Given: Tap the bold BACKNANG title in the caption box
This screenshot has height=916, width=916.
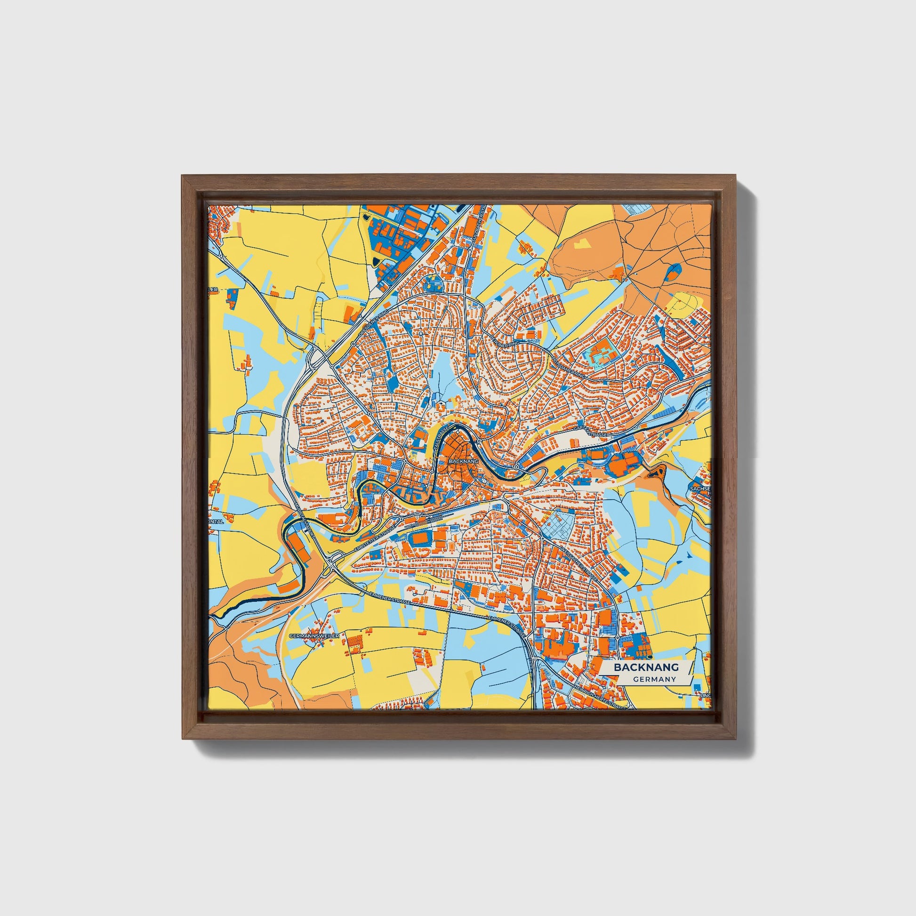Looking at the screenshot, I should point(646,667).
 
